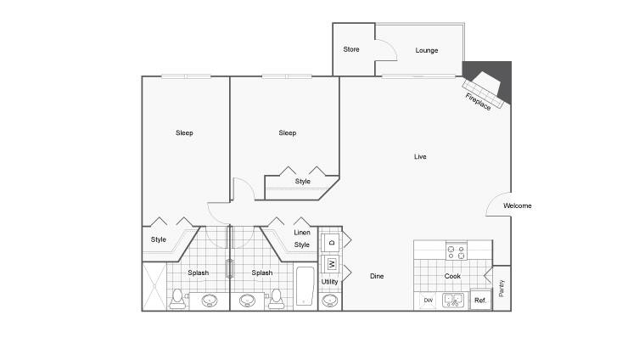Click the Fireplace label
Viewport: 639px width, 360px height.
[478, 102]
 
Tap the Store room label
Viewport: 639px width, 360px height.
[350, 49]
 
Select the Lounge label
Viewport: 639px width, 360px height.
[427, 50]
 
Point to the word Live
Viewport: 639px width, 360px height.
[420, 156]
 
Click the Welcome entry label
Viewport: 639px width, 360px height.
[517, 205]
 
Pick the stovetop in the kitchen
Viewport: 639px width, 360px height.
[457, 250]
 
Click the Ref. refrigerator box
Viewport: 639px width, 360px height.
[481, 300]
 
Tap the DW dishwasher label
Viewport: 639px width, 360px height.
[428, 301]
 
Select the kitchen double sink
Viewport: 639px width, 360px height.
[453, 301]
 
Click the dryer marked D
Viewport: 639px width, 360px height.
[330, 243]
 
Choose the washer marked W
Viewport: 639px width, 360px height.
[330, 264]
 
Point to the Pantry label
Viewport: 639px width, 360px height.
[502, 288]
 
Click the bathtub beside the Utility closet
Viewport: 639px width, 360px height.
[305, 286]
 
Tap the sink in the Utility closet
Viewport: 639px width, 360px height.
[330, 301]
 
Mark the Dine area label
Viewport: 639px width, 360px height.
[377, 276]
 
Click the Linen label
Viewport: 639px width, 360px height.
[302, 233]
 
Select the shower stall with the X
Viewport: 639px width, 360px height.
[154, 287]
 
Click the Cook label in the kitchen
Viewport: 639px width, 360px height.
[452, 276]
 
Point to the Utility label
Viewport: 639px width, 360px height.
[330, 282]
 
